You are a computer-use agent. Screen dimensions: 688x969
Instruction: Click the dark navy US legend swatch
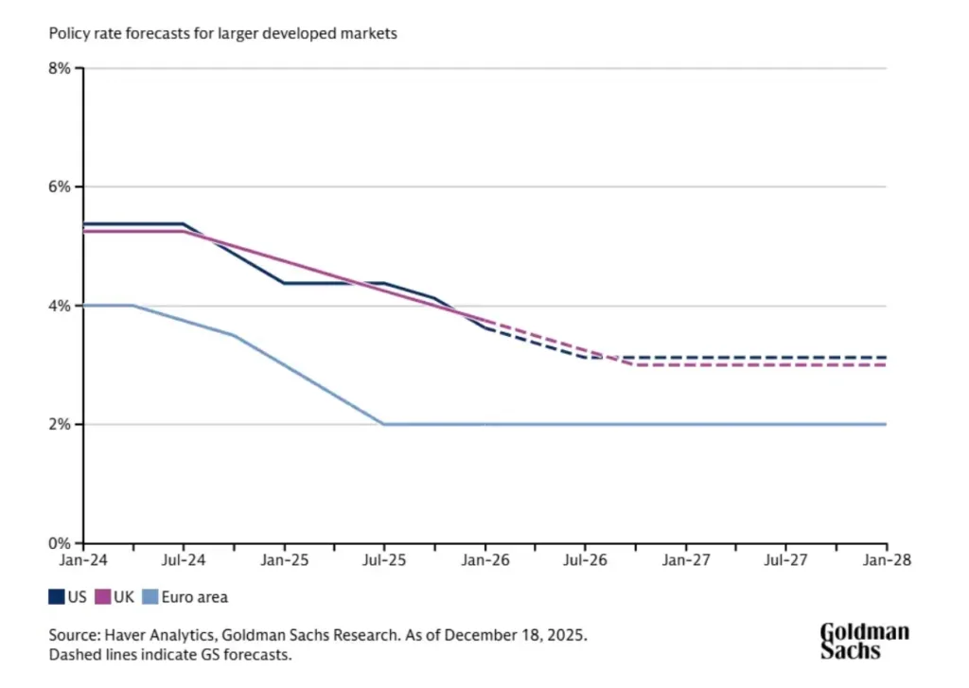click(56, 597)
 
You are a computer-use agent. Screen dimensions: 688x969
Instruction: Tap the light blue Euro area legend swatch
click(149, 597)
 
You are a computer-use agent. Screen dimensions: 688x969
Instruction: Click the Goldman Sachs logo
click(863, 641)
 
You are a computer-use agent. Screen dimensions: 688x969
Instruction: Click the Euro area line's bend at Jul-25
click(384, 424)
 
